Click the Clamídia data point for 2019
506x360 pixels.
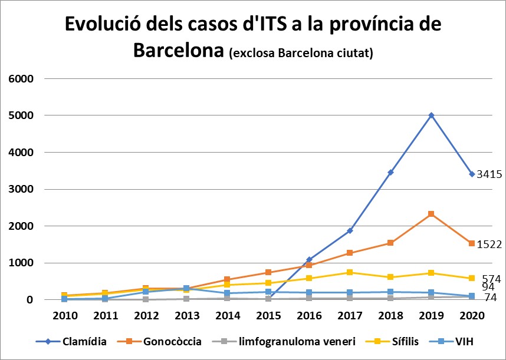coord(432,115)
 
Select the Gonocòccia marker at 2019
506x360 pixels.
coord(432,214)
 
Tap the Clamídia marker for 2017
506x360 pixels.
coord(350,230)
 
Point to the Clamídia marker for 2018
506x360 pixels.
coord(390,172)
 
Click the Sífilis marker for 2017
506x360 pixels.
coord(350,272)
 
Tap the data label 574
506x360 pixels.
coord(492,278)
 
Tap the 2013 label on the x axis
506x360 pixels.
coord(186,315)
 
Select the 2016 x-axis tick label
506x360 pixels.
coord(309,315)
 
